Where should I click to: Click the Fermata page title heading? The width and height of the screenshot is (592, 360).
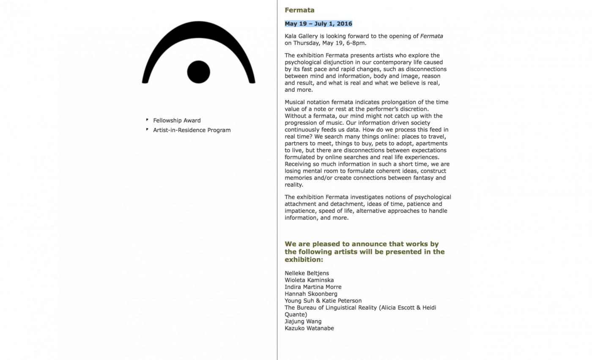299,10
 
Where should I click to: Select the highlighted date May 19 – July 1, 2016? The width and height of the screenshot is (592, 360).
318,24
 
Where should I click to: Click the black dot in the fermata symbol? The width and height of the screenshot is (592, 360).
198,72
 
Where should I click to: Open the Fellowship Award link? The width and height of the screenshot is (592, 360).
177,121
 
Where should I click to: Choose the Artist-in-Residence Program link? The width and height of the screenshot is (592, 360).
192,130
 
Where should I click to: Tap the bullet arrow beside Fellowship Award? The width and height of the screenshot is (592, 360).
147,120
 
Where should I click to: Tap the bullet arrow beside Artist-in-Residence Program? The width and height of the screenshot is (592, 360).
147,129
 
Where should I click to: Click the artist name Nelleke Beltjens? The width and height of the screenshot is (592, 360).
307,273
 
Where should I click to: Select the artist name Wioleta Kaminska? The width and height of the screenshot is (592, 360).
309,280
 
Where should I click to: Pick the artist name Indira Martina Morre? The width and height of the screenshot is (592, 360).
313,287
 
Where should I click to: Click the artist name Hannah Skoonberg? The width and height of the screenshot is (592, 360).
311,294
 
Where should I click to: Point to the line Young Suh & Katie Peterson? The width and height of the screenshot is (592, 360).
323,301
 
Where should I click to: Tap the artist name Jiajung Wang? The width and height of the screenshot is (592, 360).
303,322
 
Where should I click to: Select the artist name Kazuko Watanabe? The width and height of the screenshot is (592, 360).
309,328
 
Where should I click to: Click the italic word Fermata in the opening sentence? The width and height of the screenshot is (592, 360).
431,36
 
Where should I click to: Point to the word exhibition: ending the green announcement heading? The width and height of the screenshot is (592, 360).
304,260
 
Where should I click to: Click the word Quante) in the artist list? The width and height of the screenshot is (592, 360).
296,315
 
